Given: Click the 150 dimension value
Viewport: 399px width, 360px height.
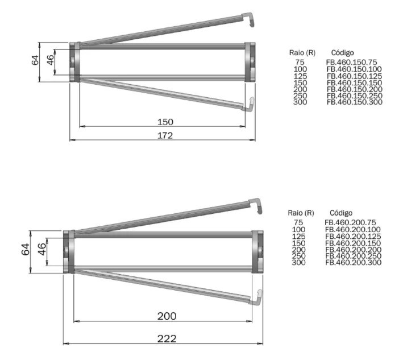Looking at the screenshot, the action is [165, 122].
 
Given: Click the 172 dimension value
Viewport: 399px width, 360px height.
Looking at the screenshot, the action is [165, 135].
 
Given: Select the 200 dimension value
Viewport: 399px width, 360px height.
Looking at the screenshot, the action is [167, 316].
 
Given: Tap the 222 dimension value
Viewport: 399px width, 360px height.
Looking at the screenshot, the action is [167, 338].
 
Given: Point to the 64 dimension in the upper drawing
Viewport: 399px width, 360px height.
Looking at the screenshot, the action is [35, 60].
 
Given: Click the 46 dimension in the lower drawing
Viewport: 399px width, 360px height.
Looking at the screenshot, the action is [42, 249].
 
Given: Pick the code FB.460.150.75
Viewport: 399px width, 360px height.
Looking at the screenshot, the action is [352, 62].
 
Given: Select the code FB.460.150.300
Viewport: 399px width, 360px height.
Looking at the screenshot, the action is [355, 102].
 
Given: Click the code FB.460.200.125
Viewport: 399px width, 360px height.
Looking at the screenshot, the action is [353, 237].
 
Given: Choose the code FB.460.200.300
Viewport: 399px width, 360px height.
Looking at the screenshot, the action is [354, 263].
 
